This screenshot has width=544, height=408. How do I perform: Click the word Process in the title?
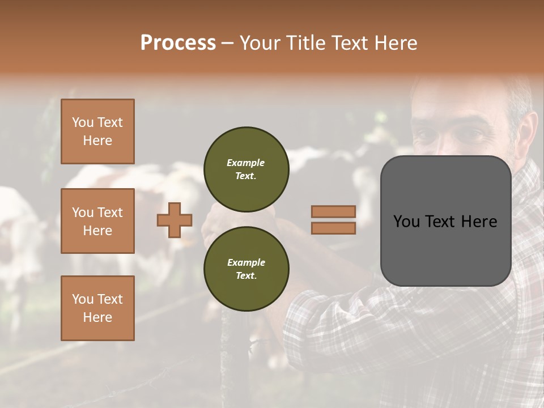178,43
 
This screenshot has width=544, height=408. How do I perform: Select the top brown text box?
97,131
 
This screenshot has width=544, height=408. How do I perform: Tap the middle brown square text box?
97,221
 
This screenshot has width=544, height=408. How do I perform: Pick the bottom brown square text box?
97,308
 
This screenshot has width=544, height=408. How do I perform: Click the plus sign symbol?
175,220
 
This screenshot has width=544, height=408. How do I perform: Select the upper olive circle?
246,169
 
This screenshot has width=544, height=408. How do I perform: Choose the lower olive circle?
246,269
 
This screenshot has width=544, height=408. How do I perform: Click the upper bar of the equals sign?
333,212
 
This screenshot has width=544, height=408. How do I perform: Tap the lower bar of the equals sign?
333,228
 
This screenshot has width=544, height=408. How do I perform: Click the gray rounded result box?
445,249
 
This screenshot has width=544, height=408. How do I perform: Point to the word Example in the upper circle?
245,163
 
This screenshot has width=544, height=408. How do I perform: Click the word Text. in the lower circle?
245,276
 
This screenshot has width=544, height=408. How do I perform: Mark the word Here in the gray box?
479,222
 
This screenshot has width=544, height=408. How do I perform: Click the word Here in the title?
395,43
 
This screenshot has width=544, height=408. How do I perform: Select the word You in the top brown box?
83,122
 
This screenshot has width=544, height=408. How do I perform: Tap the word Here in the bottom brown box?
97,317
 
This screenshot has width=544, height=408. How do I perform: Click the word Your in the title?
261,43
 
